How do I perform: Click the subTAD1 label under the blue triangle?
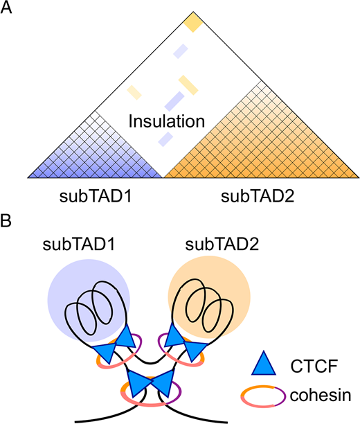(x=94, y=195)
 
